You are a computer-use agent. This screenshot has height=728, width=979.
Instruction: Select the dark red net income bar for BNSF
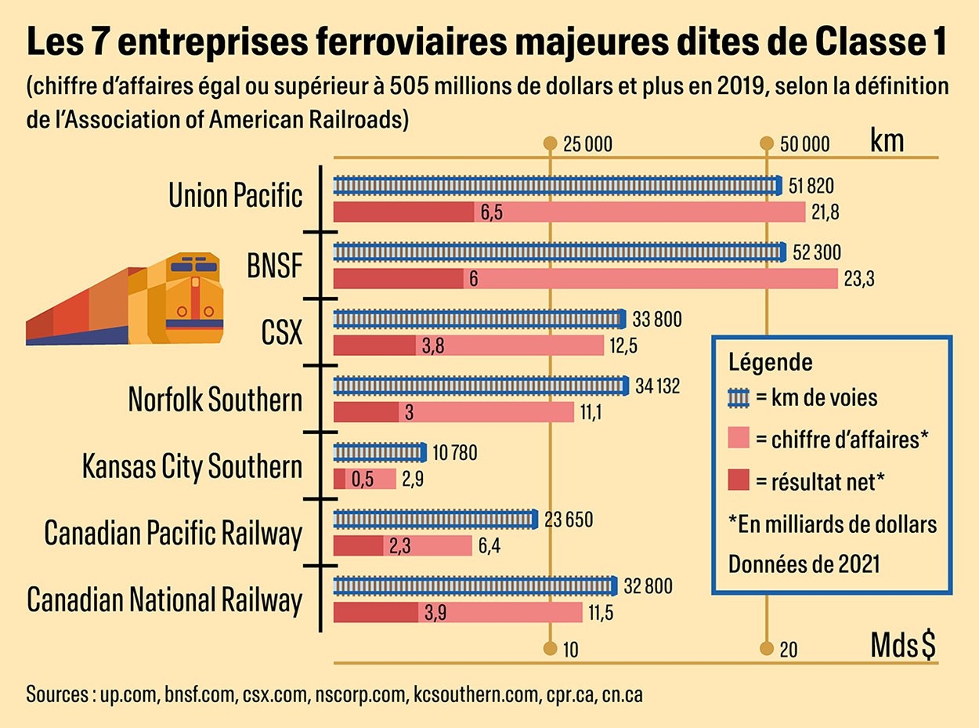click(x=399, y=279)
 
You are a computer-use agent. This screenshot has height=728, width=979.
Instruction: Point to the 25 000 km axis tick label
click(x=587, y=144)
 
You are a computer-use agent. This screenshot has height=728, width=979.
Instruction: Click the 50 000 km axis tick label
click(x=804, y=144)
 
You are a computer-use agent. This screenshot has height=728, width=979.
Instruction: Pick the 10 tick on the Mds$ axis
click(x=569, y=649)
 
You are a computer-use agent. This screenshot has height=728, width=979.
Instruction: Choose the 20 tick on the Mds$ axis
click(x=788, y=649)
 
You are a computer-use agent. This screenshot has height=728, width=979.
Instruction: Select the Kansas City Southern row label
click(x=192, y=467)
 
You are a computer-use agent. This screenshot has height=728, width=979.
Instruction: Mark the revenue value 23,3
click(x=858, y=280)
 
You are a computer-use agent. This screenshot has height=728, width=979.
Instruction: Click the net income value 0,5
click(x=363, y=480)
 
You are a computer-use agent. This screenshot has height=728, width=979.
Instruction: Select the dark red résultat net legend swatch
click(x=739, y=481)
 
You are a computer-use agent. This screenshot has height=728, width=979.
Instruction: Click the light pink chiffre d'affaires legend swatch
click(x=739, y=440)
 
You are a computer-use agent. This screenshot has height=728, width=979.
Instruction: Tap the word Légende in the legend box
click(x=770, y=363)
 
